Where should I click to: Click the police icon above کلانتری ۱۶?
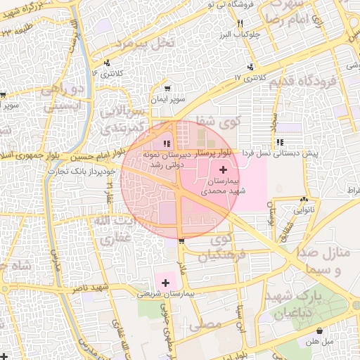107,63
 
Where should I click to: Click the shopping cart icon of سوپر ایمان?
167,89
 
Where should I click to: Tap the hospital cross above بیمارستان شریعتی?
165,283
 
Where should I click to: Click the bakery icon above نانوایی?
304,199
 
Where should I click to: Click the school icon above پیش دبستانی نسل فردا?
281,143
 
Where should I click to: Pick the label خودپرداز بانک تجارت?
77,171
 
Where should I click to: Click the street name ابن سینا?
240,316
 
